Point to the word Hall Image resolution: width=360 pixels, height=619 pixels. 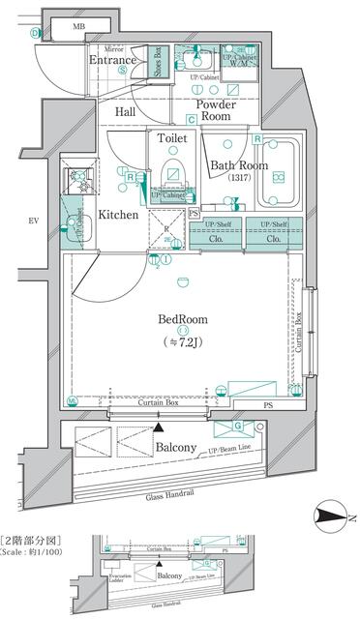point(126,112)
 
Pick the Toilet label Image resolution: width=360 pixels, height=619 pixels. point(172,138)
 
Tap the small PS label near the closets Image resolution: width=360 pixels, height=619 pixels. point(194,212)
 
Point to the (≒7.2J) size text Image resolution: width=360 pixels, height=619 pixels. point(183,341)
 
